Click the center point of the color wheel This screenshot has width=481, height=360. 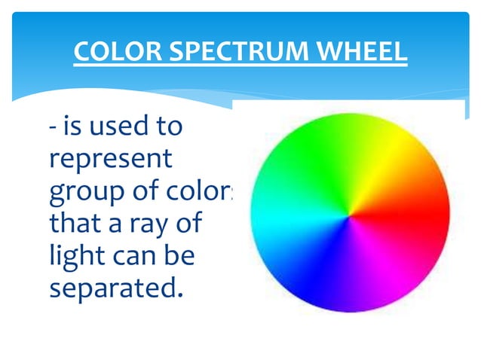tap(349, 216)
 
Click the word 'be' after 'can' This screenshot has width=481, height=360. tap(182, 256)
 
